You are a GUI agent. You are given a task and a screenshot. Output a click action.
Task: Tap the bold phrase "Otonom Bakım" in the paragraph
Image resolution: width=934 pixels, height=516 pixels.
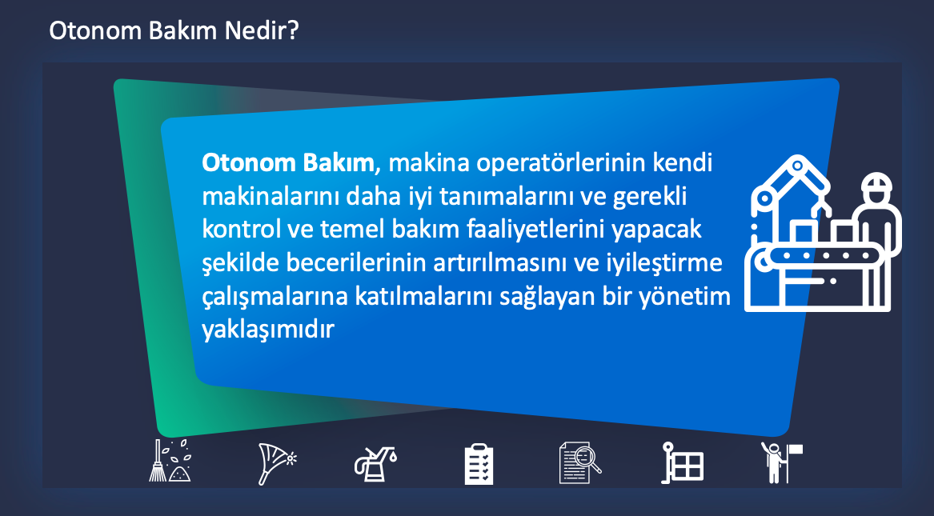(288, 163)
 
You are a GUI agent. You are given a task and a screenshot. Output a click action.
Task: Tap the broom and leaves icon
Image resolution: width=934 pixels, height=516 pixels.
(170, 461)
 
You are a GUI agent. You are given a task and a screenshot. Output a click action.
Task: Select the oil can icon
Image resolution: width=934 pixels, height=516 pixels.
(375, 464)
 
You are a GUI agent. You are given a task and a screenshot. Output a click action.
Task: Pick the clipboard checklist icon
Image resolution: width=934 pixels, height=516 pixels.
(479, 464)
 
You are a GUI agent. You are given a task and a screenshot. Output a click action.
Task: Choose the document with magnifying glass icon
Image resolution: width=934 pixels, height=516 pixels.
(579, 462)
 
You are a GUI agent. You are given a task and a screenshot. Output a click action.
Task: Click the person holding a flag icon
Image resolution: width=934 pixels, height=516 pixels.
(781, 462)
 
